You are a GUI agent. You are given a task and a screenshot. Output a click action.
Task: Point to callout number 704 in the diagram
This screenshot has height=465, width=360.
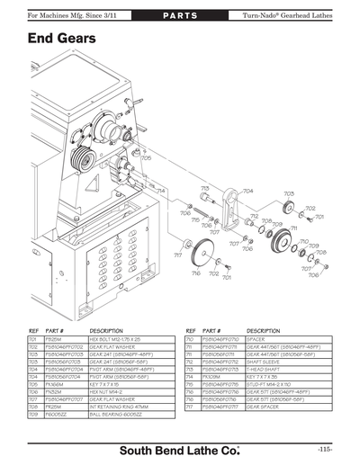(x=247, y=191)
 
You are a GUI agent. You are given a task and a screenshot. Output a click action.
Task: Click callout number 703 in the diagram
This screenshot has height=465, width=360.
(x=288, y=193)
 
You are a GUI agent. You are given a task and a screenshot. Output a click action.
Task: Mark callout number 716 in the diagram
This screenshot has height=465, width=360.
(x=211, y=273)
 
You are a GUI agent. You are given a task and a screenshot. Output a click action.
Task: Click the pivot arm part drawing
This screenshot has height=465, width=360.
(x=229, y=211)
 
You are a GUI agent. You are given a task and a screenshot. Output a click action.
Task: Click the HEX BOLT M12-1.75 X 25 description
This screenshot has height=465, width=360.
(x=121, y=339)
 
